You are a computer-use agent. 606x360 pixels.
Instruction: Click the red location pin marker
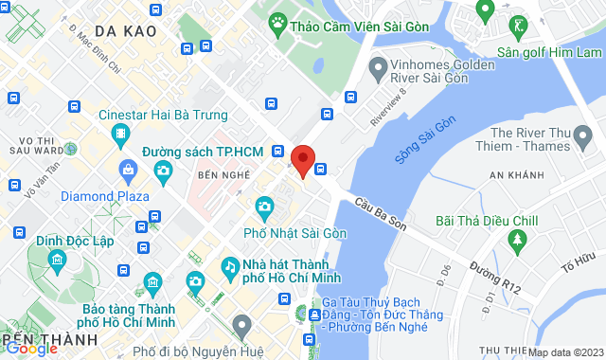point(303,160)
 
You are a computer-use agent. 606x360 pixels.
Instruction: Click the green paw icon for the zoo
point(278,21)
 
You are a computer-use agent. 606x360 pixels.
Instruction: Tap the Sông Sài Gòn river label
point(425,140)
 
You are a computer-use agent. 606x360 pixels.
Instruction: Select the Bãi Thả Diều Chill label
point(486,221)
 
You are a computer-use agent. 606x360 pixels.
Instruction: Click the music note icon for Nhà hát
point(230,266)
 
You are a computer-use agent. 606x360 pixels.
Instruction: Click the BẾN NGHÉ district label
point(220,177)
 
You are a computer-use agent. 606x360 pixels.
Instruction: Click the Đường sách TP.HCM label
point(203,152)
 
